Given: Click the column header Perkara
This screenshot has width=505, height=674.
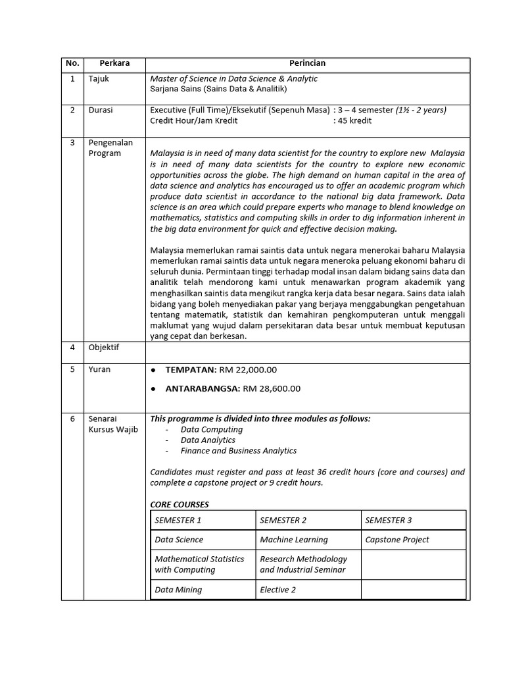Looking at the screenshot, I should [114, 63].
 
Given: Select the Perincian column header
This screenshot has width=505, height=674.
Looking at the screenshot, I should [307, 63].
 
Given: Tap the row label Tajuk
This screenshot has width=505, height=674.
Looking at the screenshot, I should [99, 78].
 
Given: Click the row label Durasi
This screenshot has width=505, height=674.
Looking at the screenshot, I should [101, 110].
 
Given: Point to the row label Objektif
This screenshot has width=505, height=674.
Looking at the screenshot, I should [104, 347].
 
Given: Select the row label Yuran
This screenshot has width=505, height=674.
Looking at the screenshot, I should [100, 369].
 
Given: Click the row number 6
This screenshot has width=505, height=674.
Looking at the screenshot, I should [72, 419].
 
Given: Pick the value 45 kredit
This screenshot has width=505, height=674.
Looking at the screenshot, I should [354, 120].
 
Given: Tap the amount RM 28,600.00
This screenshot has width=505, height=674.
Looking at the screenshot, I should [272, 388].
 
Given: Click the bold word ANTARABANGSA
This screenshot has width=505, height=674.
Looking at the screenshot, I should [203, 388].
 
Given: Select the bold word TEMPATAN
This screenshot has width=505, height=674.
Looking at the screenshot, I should [191, 370].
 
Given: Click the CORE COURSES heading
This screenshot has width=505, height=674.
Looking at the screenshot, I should [180, 504].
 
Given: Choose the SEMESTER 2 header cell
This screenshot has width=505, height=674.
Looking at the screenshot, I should [283, 520].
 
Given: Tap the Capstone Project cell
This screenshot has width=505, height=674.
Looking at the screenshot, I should [397, 540].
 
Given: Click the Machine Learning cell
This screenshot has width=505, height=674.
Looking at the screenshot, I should [294, 540].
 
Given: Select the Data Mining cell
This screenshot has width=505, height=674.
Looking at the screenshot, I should [178, 590].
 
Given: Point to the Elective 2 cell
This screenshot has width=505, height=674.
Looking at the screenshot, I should [279, 590].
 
